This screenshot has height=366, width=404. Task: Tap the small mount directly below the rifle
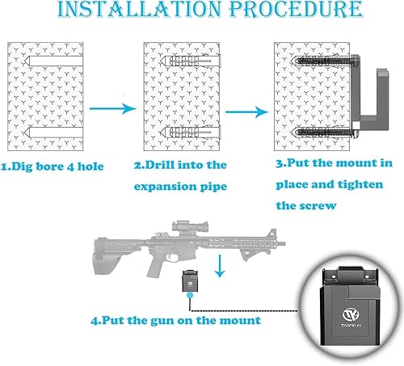[191, 283]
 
